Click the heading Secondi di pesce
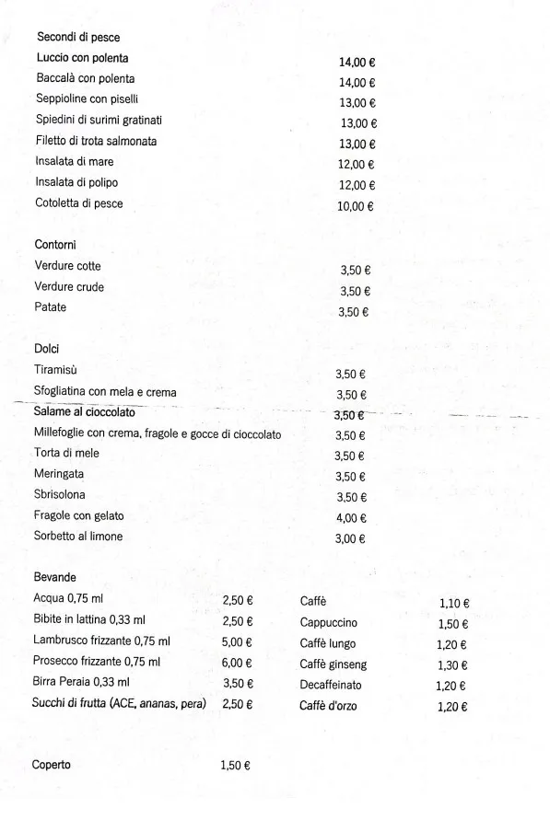78,38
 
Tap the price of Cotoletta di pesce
355,206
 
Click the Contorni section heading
55,245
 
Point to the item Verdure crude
69,287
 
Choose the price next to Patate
354,312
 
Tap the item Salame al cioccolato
85,412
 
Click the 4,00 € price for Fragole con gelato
351,518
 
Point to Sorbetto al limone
78,537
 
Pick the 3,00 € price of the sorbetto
350,538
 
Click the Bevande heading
55,577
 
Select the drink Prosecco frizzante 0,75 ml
97,662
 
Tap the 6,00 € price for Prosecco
238,663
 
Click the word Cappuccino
329,623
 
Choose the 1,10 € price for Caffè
454,604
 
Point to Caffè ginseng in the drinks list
334,664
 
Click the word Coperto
52,765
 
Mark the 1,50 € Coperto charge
236,766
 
